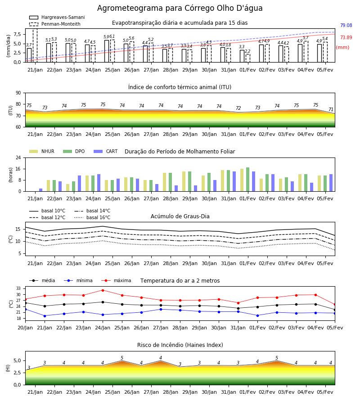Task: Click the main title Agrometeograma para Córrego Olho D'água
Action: point(180,8)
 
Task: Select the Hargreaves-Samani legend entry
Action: point(57,17)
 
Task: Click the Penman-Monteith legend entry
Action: point(55,24)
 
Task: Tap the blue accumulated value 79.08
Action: point(346,25)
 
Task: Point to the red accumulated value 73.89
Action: point(346,37)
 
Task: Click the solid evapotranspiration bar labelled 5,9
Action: point(107,51)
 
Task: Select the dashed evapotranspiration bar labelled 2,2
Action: point(247,58)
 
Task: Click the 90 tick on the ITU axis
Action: point(18,93)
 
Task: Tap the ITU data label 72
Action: point(238,108)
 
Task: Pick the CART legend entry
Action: point(106,151)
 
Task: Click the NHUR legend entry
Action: point(42,151)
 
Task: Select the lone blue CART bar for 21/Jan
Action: point(41,190)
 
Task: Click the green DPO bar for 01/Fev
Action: point(247,180)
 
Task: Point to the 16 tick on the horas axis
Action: point(18,169)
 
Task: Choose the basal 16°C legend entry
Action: point(92,217)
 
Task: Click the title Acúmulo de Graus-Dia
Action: point(180,216)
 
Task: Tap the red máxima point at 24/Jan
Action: point(103,290)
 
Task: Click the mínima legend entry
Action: point(78,280)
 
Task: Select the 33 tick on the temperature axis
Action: point(18,288)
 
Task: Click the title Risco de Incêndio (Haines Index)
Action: point(180,345)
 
